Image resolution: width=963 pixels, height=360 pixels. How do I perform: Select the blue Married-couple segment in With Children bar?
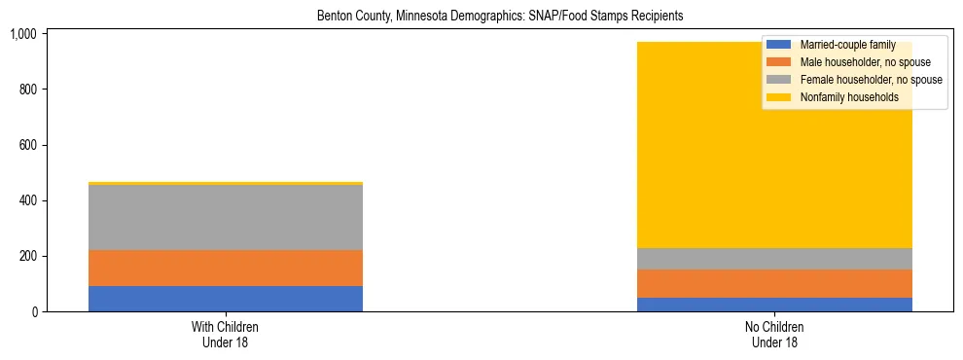point(225,299)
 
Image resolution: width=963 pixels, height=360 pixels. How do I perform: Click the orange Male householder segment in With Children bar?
point(225,268)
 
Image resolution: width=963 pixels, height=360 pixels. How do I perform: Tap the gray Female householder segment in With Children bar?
point(225,217)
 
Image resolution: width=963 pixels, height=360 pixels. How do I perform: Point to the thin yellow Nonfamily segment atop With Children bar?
point(225,183)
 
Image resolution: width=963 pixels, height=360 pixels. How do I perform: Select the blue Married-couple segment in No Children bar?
point(774,305)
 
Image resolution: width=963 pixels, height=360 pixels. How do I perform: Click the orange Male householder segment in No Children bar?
point(774,283)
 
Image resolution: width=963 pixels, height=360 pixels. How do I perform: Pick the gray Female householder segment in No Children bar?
point(774,259)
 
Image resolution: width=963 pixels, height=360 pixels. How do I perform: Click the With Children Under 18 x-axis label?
point(225,335)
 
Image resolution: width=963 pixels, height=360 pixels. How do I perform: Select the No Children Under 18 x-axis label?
point(774,335)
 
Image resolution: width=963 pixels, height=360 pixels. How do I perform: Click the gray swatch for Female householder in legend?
point(779,80)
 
